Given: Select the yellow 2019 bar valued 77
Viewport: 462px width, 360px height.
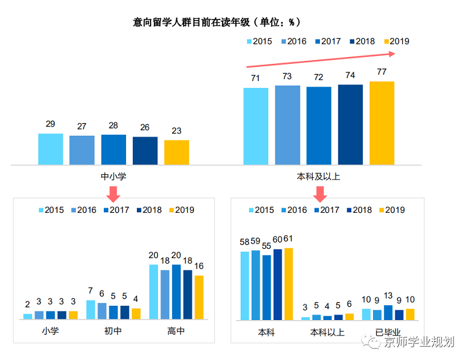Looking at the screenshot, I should tap(382, 123).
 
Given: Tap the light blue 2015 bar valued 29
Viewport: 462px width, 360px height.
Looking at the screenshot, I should tap(50, 149).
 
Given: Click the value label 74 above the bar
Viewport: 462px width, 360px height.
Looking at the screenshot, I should tap(350, 75).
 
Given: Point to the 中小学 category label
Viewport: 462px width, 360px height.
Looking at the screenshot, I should tap(113, 177).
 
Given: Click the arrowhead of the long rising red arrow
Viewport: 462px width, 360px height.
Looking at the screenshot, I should tap(392, 54).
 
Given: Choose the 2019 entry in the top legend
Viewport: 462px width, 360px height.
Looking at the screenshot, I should tap(393, 41).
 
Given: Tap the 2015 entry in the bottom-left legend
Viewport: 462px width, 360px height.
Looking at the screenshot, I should tap(51, 210).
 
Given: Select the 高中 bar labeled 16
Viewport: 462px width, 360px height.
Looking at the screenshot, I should tap(199, 297).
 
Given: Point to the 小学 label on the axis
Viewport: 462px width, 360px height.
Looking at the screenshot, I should tap(50, 331).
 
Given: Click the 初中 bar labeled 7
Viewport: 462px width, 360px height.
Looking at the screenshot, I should tap(91, 309).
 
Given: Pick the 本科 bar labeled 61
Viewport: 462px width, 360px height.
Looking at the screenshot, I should tap(289, 284).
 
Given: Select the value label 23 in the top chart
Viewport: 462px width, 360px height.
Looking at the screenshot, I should tap(176, 131).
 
